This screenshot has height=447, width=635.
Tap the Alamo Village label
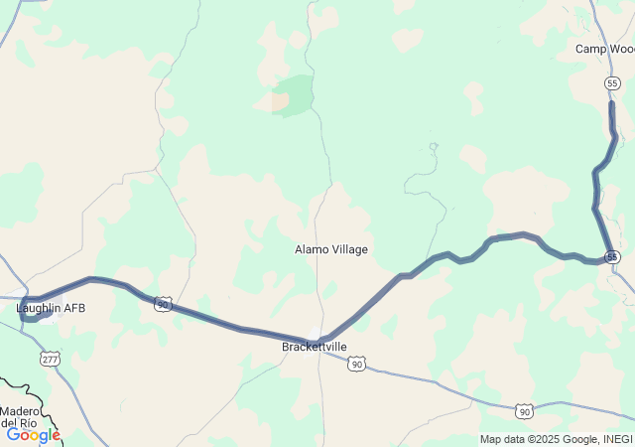click(331, 249)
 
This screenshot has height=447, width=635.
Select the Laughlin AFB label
click(51, 308)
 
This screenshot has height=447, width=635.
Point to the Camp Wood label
click(604, 49)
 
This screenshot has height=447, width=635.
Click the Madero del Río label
click(21, 416)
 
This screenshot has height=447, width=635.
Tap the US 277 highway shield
click(50, 359)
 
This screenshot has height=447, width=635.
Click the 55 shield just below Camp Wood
click(612, 83)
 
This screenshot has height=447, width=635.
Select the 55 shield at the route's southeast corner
click(614, 256)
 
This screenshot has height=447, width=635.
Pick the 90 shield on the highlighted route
click(163, 304)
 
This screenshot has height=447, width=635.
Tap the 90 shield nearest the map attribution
click(524, 410)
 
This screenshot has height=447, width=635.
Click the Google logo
click(33, 434)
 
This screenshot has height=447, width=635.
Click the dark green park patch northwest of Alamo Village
click(293, 94)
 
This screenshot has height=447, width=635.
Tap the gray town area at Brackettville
click(317, 333)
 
